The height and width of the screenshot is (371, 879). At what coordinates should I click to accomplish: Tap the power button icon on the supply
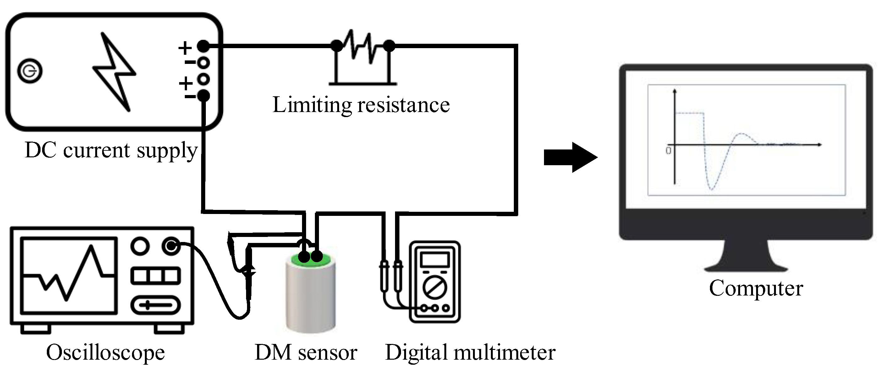point(30,71)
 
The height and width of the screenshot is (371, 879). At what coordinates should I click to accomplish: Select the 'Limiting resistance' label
point(361,105)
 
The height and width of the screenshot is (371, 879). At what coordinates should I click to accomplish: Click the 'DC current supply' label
point(111,150)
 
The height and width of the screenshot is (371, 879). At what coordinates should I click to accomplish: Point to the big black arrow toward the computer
point(570,157)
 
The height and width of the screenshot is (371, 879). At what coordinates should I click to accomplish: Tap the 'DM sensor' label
point(306,352)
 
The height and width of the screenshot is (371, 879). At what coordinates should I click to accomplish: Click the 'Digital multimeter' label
point(470,352)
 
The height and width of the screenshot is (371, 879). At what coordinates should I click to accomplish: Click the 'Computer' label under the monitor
point(756,288)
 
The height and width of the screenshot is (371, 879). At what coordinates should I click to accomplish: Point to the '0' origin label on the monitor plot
point(668,150)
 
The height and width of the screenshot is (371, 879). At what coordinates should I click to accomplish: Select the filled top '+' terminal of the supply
point(203,46)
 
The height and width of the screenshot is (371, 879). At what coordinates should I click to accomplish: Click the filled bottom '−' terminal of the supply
point(203,96)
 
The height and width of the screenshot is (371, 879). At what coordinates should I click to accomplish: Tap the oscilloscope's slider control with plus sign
point(156,305)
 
